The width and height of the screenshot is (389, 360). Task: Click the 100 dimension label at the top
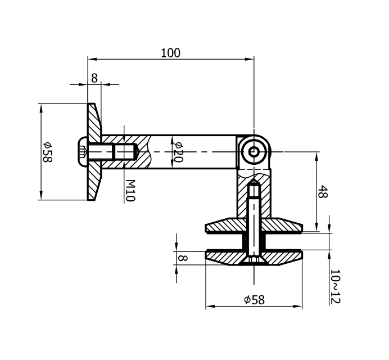coord(170,53)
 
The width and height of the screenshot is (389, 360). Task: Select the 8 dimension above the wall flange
coord(94,78)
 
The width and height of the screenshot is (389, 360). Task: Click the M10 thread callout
coord(130,191)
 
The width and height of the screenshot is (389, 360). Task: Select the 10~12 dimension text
coord(336,286)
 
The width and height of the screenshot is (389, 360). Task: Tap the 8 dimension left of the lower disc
coord(182,258)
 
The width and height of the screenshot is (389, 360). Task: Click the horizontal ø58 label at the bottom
coord(254,300)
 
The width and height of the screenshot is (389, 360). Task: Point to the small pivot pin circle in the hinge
coord(255,151)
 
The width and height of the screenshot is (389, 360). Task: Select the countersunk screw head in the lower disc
coord(254,260)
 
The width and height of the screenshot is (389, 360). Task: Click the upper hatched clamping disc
coord(225,227)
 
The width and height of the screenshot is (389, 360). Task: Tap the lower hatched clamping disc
coord(225,258)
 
